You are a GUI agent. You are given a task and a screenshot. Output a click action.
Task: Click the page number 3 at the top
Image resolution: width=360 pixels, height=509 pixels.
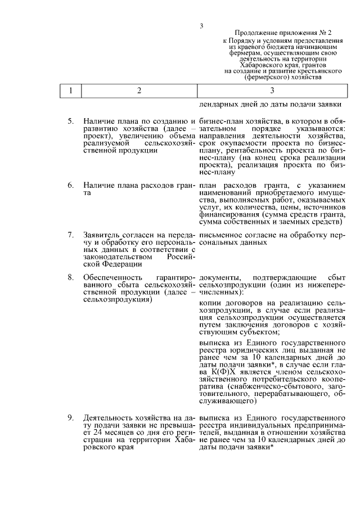[201, 25]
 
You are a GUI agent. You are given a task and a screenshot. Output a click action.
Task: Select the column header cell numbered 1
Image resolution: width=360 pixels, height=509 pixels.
[70, 91]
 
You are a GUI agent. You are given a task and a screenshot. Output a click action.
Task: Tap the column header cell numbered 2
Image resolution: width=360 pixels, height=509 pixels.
[138, 91]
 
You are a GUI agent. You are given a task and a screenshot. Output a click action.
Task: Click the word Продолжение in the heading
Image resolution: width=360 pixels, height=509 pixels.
[255, 34]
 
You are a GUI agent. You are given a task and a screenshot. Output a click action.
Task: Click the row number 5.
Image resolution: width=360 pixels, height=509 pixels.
[70, 121]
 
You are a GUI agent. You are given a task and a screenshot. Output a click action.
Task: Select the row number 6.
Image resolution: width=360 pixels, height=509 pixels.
[70, 186]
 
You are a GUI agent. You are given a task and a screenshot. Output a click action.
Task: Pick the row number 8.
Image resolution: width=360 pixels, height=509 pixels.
[70, 278]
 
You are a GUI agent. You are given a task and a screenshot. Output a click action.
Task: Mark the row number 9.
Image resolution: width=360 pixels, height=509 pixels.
[70, 418]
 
